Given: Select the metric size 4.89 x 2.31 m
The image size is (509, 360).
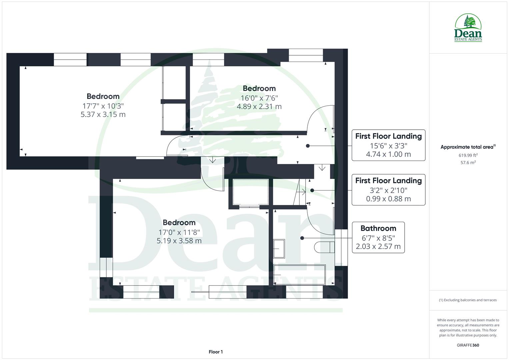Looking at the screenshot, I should tap(259, 107).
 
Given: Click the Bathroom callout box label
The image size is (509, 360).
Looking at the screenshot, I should tap(378, 228).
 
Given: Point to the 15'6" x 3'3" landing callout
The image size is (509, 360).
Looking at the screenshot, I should tap(388, 145).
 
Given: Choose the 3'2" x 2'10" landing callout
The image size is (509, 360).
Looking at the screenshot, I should tap(388, 190).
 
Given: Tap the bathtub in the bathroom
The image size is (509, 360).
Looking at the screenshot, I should tap(299, 275).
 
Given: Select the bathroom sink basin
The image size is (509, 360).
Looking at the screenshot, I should tap(279, 248).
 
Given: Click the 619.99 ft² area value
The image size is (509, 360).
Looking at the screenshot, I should tap(468, 155).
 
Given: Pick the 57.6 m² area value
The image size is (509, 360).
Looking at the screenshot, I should tap(468, 163).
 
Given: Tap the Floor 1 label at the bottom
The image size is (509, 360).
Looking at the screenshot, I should tap(215, 352).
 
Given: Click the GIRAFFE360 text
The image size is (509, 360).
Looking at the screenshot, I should tap(468, 345).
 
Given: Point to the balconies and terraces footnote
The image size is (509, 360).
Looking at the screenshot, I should tap(468, 300).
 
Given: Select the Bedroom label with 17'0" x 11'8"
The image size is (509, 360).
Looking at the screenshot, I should tap(179, 223).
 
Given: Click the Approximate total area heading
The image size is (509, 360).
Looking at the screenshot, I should tap(468, 147).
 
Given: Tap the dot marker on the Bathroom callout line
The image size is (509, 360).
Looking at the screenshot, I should tap(302, 238).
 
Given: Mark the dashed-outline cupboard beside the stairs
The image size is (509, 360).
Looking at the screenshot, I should tap(250, 192).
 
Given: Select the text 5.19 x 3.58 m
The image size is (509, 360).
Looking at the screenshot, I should tap(179, 241).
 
